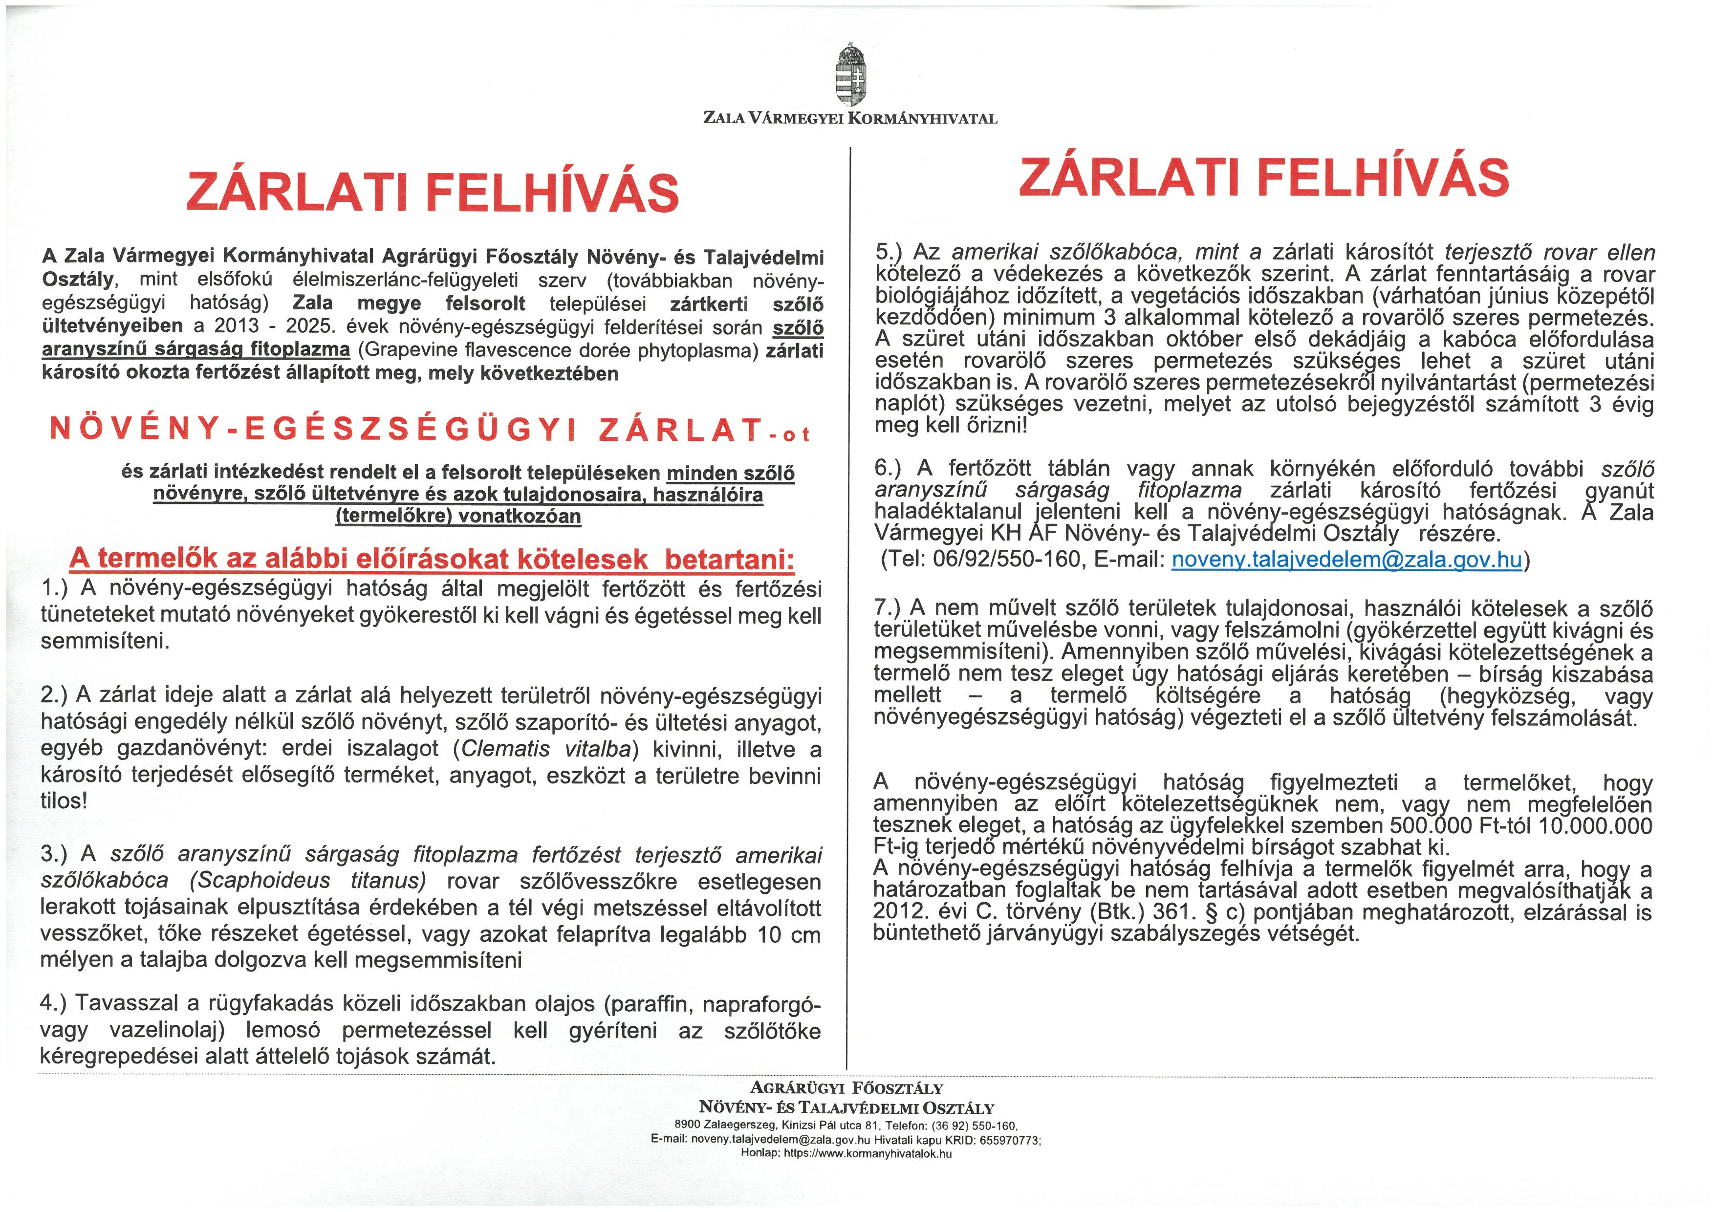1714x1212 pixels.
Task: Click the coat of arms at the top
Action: [850, 75]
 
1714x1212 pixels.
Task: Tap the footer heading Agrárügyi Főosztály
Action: [846, 1089]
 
